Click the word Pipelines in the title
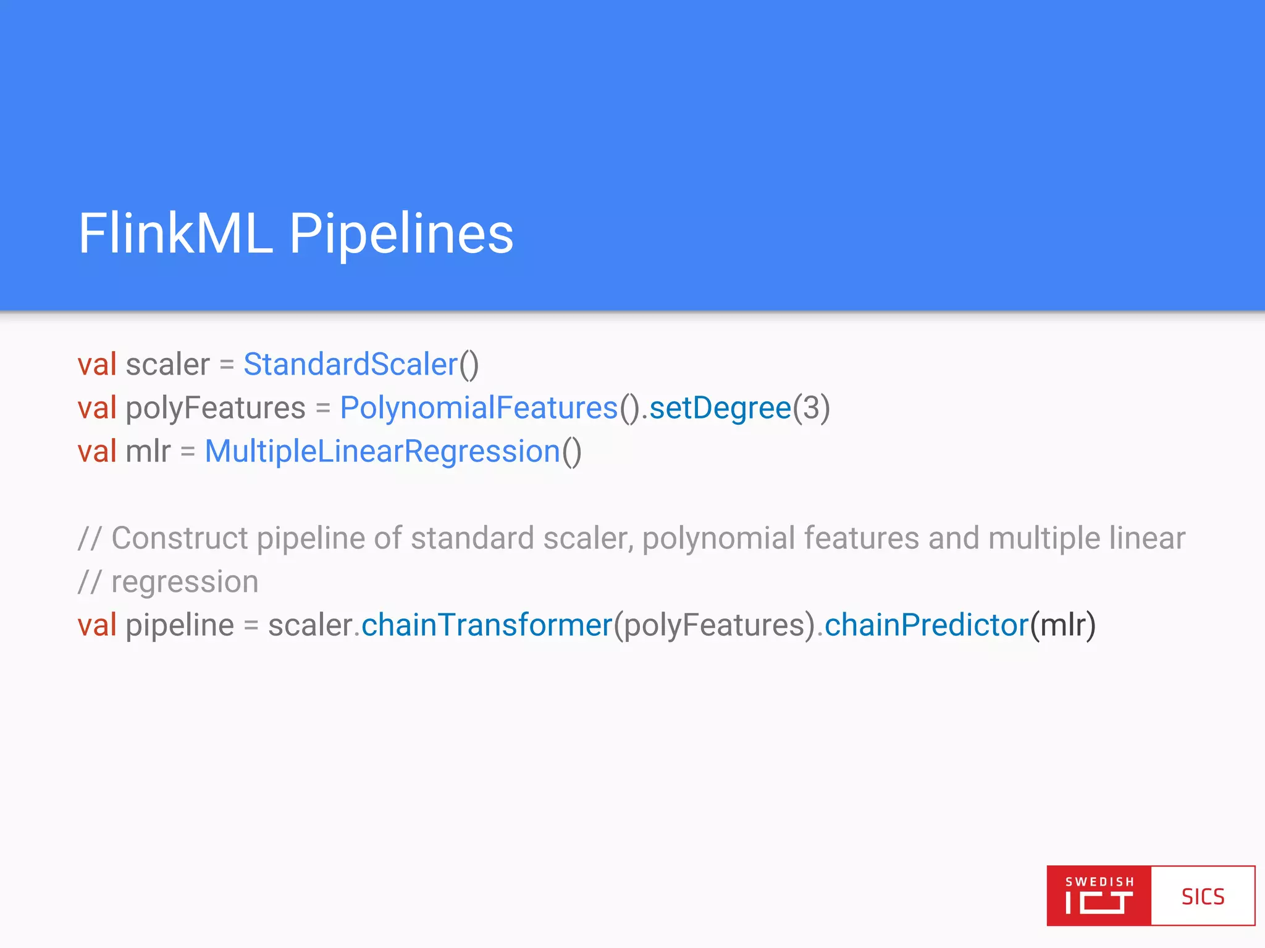(x=401, y=235)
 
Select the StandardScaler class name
(x=350, y=364)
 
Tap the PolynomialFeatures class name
(x=479, y=408)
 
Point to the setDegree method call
(x=720, y=408)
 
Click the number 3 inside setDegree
(x=811, y=408)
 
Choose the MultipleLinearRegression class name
(x=382, y=451)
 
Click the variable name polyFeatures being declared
(x=216, y=408)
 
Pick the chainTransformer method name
(x=487, y=625)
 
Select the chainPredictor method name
(x=927, y=625)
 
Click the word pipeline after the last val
(x=180, y=625)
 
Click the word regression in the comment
(x=185, y=582)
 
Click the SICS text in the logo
(x=1203, y=896)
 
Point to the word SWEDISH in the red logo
(x=1099, y=882)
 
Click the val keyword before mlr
(x=97, y=451)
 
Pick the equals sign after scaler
(x=227, y=364)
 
